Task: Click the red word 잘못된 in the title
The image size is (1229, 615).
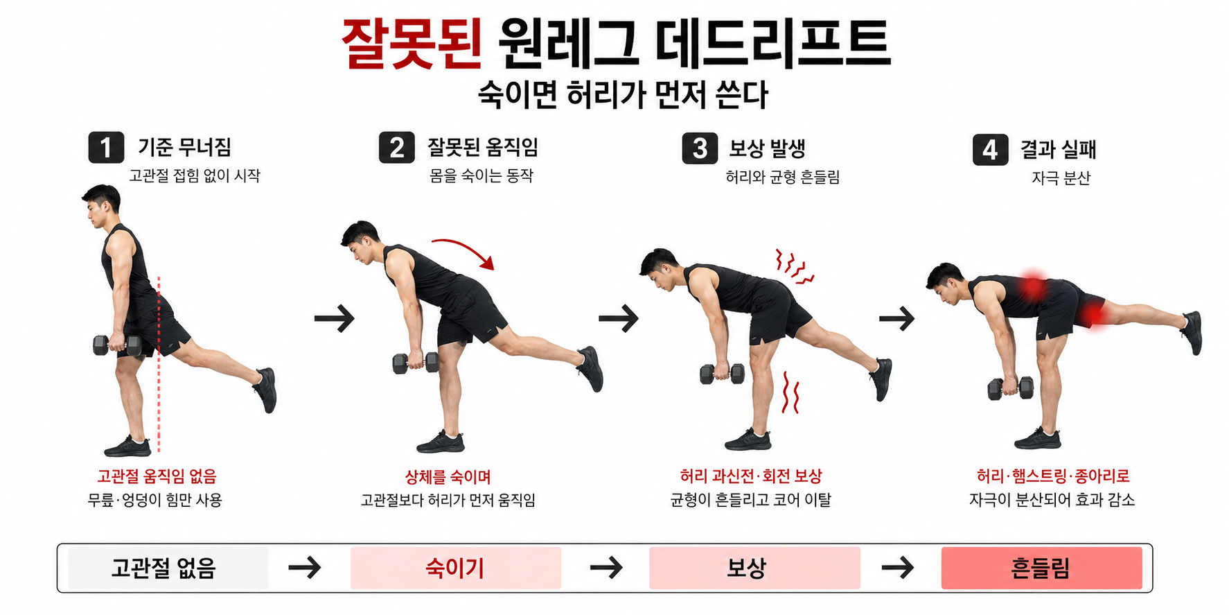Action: point(412,43)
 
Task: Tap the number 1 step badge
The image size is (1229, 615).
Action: point(106,148)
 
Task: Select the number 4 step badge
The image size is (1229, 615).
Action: point(990,150)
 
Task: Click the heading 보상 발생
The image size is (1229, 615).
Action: point(767,148)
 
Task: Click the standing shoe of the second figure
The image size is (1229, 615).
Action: point(441,442)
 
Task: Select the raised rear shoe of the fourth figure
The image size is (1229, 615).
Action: point(1192,332)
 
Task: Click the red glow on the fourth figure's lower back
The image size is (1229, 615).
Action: point(1032,286)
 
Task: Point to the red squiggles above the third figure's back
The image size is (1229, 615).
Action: point(794,267)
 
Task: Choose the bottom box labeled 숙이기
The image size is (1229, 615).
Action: point(455,568)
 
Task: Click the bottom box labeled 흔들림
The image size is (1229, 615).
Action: point(1041,568)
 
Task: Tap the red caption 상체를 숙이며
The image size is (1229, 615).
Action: point(448,477)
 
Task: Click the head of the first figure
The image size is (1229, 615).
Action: point(101,204)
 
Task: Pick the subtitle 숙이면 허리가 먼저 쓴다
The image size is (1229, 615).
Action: point(622,95)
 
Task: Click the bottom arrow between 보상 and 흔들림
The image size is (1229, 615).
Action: point(898,568)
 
